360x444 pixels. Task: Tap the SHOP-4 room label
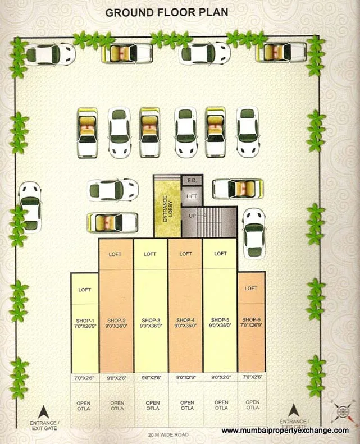point(185,322)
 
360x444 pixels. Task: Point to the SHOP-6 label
point(251,322)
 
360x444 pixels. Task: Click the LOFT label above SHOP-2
point(115,254)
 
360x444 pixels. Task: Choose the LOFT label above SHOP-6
point(251,288)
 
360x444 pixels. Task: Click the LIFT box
point(192,196)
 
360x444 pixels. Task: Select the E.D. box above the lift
point(192,180)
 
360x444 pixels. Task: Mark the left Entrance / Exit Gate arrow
point(40,411)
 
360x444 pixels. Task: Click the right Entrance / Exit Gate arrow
point(293,411)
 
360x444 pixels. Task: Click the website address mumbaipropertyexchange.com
point(285,431)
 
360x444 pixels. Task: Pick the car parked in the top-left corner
point(51,54)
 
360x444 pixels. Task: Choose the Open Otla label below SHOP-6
point(252,405)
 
